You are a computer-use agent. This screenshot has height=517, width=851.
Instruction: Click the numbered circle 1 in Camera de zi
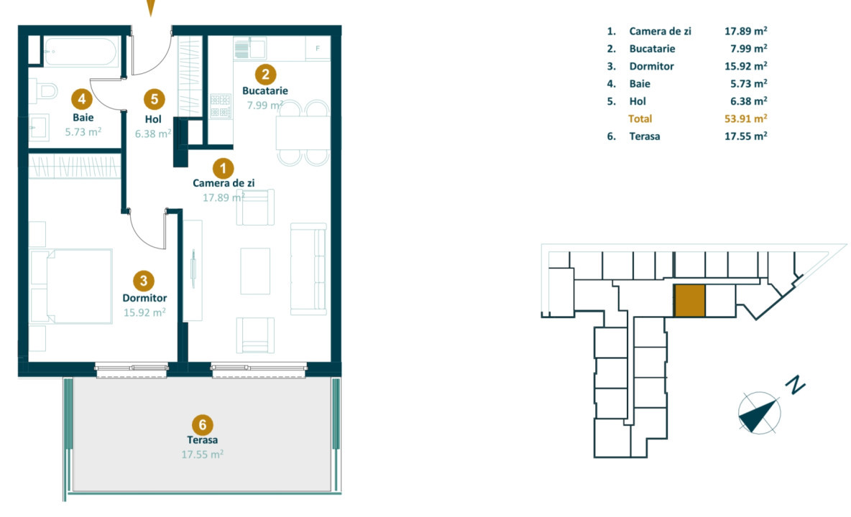point(224,169)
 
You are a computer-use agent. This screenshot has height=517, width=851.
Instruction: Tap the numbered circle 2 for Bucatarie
point(265,73)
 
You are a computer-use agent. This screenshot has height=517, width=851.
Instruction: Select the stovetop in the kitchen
point(219,106)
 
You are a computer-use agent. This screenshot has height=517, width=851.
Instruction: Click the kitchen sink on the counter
point(249,49)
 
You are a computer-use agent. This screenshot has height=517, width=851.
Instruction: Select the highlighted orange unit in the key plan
point(689,301)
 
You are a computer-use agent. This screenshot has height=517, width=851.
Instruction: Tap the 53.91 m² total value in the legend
point(745,118)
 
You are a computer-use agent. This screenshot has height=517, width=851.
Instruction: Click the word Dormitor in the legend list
point(651,66)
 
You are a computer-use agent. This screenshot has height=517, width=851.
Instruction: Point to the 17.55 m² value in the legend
point(745,136)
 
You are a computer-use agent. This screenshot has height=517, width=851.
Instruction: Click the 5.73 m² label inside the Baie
point(82,131)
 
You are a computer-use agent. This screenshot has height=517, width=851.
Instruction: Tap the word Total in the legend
point(640,118)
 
